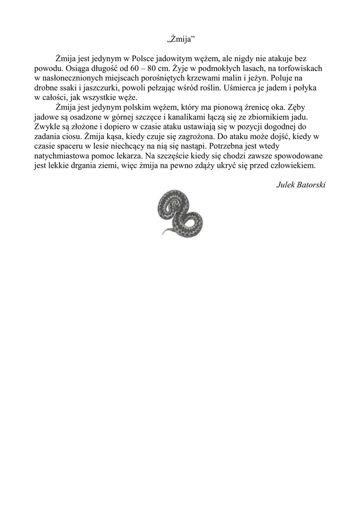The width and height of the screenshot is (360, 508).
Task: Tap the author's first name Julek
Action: (286, 186)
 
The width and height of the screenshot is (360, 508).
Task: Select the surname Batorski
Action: (311, 186)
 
